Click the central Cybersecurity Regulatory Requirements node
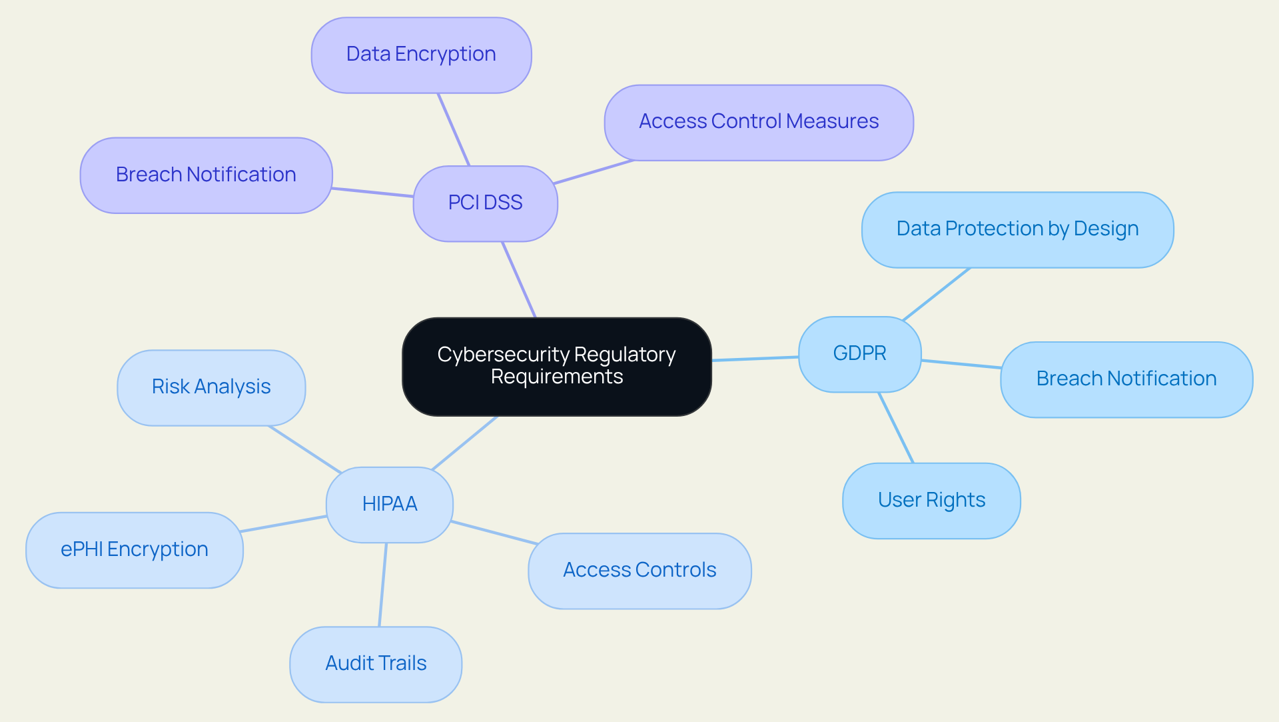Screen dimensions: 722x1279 [556, 366]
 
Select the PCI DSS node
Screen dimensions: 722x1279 [485, 203]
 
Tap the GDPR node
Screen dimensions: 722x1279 [859, 353]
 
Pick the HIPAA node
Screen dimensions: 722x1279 [390, 504]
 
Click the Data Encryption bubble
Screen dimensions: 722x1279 [421, 55]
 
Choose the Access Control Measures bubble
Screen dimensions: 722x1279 [759, 122]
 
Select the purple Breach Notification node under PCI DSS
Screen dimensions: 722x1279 [206, 175]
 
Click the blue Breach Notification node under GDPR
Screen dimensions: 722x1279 [1126, 379]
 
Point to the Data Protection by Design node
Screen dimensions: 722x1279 [1017, 229]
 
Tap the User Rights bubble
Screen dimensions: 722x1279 [931, 500]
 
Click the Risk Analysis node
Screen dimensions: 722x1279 [211, 387]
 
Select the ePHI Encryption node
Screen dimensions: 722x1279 [134, 549]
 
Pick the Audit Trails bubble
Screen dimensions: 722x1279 [376, 663]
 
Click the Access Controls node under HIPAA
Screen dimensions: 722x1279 [639, 570]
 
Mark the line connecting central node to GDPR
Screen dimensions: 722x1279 [755, 359]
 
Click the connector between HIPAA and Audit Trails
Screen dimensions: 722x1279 [383, 585]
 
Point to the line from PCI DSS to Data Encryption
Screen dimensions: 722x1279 [454, 129]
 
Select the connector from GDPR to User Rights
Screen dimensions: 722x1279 [896, 427]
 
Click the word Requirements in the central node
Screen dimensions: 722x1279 [557, 377]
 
